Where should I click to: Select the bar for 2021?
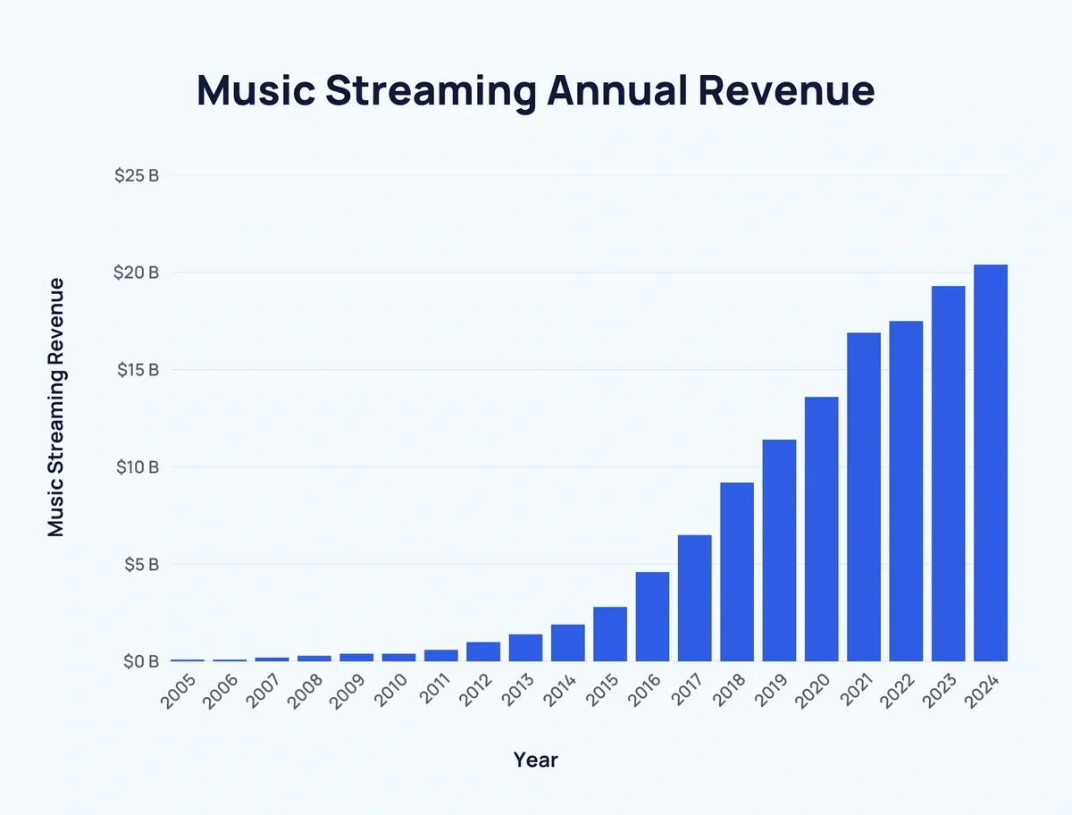click(x=864, y=497)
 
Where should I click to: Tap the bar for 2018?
click(x=737, y=572)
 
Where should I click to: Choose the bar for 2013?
click(x=525, y=648)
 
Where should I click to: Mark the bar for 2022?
click(x=906, y=492)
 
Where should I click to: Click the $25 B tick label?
click(x=137, y=175)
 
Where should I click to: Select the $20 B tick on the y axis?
click(x=137, y=273)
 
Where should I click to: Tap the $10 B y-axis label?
click(x=137, y=467)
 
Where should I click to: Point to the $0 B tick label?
click(x=140, y=662)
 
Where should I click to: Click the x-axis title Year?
click(x=535, y=760)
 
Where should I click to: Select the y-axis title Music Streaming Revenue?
click(x=56, y=407)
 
